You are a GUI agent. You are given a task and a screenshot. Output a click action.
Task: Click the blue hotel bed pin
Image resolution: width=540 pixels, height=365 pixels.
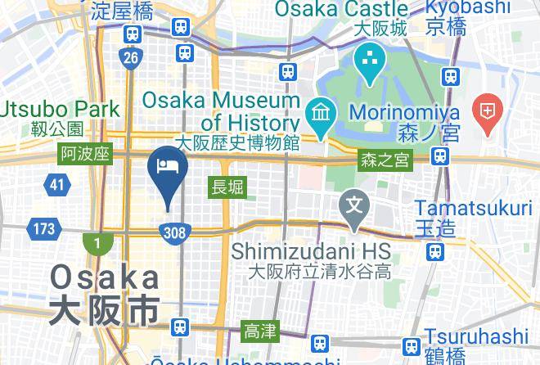point(168,166)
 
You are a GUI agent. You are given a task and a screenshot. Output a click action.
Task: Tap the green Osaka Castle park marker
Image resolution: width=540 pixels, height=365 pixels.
point(370,62)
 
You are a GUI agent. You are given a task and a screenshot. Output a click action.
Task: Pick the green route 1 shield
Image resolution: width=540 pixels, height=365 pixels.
point(97,244)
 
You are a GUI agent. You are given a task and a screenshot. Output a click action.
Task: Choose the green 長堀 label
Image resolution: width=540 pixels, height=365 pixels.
point(227,187)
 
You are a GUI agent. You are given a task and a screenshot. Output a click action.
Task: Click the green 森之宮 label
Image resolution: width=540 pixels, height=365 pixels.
point(385,162)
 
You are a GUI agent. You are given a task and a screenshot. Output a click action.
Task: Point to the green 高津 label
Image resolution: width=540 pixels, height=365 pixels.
point(261,331)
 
